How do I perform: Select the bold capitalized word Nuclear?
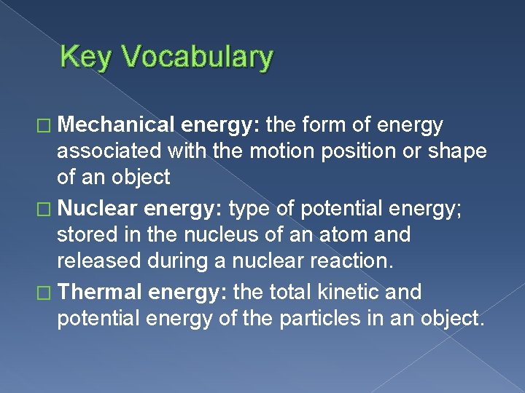click(x=98, y=209)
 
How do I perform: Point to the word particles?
click(x=322, y=318)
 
